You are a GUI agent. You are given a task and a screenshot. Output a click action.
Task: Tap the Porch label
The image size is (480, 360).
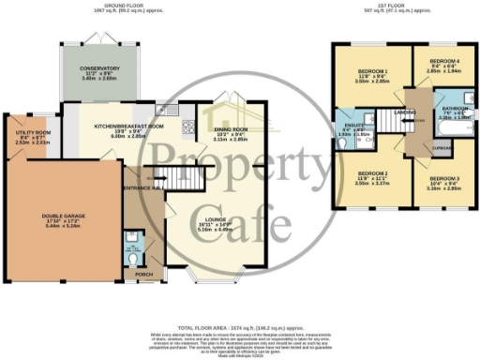pyautogui.click(x=145, y=275)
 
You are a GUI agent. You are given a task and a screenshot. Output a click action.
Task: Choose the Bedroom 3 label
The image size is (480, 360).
pyautogui.click(x=443, y=178)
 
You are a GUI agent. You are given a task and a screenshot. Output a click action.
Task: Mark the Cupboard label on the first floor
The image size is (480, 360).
pyautogui.click(x=413, y=146)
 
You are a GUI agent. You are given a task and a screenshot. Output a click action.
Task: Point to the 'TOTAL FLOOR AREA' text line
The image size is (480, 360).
pyautogui.click(x=241, y=317)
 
